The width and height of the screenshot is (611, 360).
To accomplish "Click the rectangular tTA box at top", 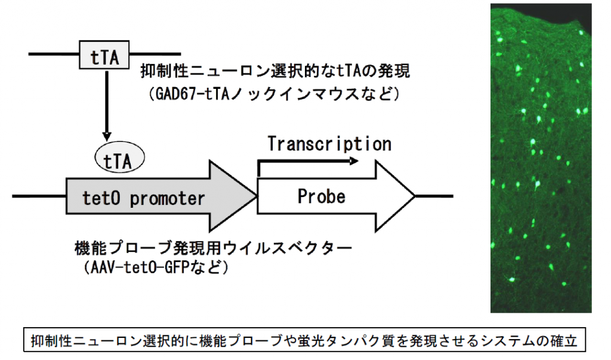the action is (104, 55).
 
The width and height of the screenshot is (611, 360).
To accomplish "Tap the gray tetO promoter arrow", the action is (162, 196).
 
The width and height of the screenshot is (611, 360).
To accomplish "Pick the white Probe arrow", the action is (336, 196).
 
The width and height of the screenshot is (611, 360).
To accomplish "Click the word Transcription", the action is (329, 144).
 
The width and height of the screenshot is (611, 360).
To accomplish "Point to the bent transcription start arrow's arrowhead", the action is (354, 161).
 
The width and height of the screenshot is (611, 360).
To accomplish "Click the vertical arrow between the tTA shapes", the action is (106, 105).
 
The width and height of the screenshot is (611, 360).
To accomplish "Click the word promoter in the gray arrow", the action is (167, 199).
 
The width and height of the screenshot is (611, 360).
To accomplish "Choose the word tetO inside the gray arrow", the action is (101, 198).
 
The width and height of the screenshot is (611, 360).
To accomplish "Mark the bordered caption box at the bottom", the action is (304, 340).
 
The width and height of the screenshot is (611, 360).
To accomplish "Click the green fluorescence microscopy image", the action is (541, 158).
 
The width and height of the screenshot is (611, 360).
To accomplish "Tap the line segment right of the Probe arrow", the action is (434, 196).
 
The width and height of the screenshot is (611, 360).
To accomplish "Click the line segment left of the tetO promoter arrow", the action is (39, 196).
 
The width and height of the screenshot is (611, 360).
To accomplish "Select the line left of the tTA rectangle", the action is (54, 54).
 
